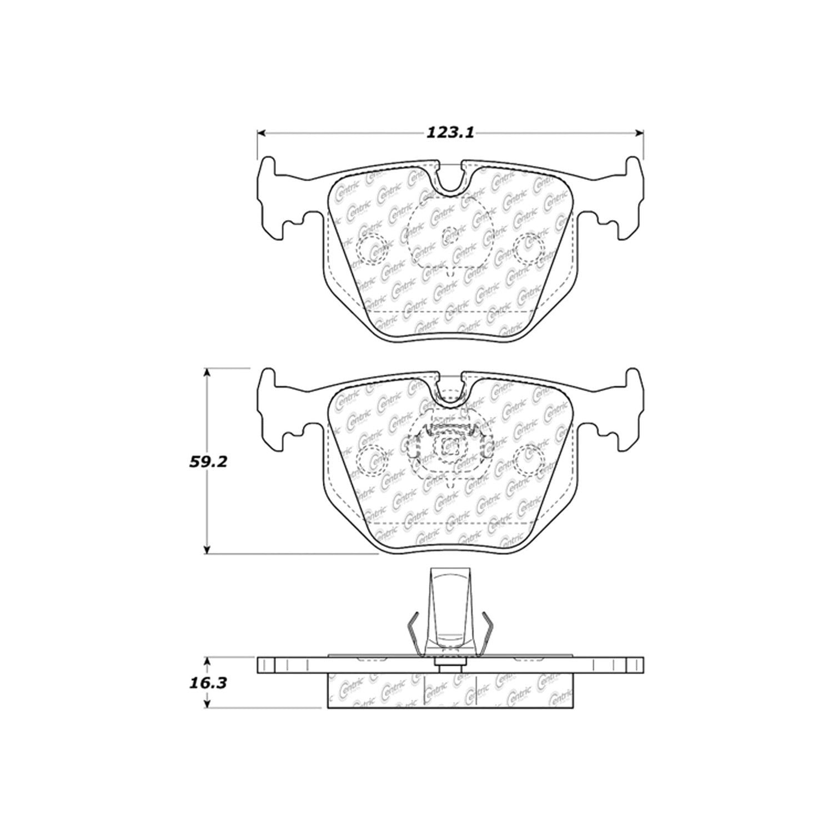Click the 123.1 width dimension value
coord(450,133)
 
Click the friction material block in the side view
coord(450,691)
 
